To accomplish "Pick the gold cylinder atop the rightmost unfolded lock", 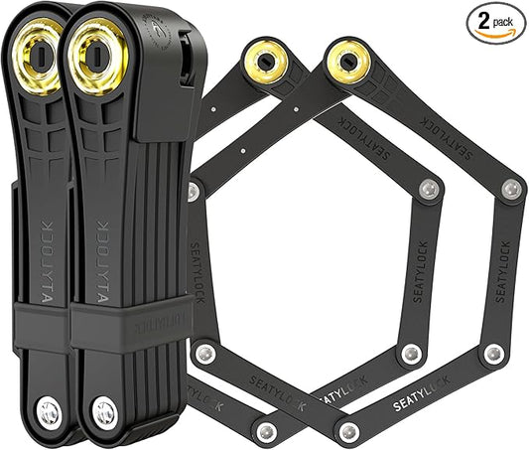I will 347,60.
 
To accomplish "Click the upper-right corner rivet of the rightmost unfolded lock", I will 510,189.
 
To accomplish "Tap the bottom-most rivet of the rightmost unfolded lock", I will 348,431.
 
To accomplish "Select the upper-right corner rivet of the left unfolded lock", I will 428,189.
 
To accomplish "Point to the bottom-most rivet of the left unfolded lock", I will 265,431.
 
